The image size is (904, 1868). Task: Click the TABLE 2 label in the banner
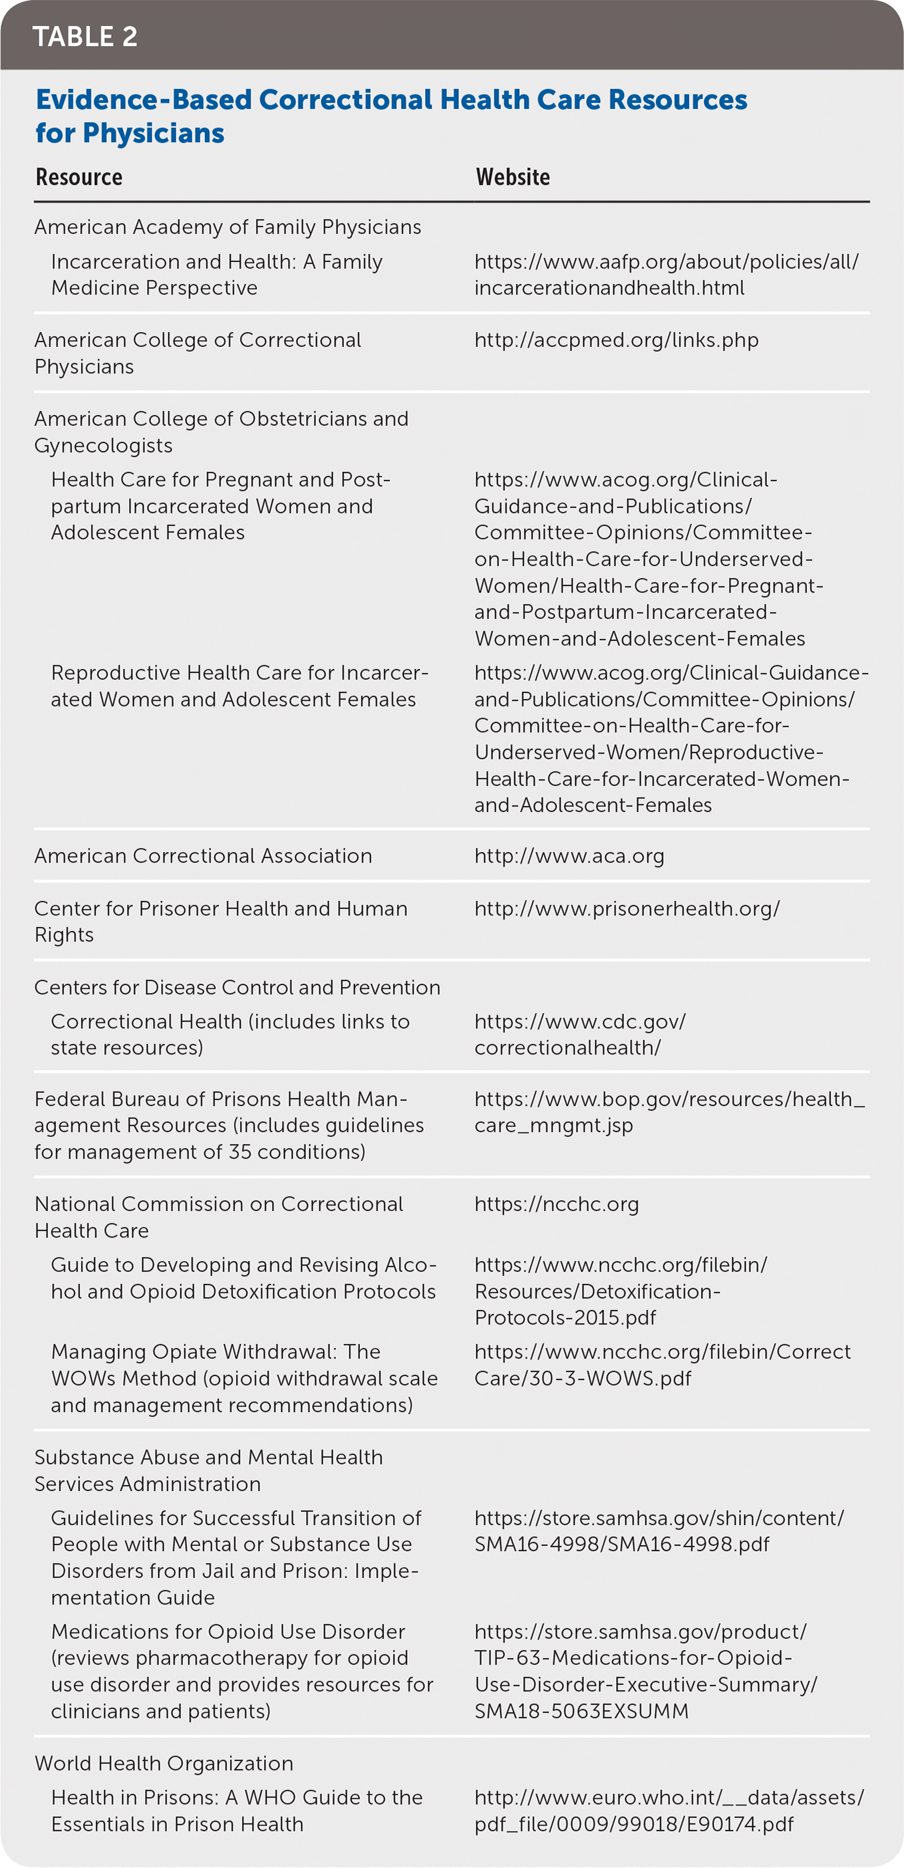coord(85,36)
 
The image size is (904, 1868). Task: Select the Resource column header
coord(79,177)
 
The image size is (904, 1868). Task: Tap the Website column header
coord(512,177)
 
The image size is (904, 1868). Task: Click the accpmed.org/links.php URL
coord(616,340)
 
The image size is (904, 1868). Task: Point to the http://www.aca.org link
coord(569,855)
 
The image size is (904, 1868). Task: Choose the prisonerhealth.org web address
coord(627,909)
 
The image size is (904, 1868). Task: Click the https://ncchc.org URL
coord(557,1204)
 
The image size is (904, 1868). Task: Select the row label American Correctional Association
coord(203,855)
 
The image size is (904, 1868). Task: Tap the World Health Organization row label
coord(164,1763)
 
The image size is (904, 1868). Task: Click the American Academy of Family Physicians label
coord(228,227)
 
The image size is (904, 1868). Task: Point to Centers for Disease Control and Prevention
coord(237,987)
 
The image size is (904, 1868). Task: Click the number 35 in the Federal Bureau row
coord(241,1152)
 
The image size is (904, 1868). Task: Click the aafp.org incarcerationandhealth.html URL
coord(665,275)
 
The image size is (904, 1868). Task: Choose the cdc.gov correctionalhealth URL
coord(580,1034)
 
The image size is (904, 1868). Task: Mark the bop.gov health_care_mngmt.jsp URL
coord(669,1111)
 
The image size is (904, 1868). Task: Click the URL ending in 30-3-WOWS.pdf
coord(662,1365)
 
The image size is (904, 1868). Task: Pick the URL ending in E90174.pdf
coord(668,1810)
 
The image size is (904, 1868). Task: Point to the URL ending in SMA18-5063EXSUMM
coord(645,1671)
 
